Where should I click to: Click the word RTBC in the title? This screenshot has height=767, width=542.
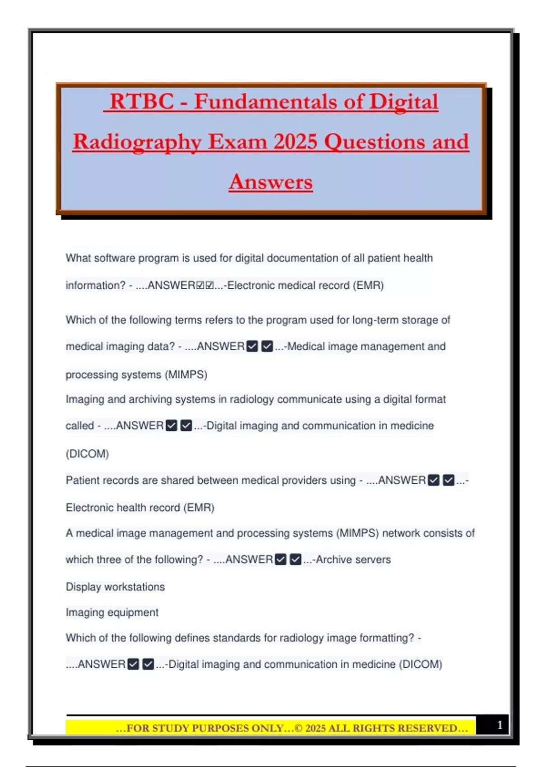[141, 102]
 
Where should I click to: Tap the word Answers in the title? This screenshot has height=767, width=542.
[271, 182]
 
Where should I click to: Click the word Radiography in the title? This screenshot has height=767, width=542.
[137, 142]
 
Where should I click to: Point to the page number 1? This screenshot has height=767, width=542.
[500, 725]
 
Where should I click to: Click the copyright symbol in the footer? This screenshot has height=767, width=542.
[299, 728]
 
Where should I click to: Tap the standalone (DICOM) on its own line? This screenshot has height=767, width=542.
[87, 453]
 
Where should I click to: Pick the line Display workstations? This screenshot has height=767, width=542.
[115, 587]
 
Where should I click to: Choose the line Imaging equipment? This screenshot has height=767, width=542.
[112, 612]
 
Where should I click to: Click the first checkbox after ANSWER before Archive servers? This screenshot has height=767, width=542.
[280, 559]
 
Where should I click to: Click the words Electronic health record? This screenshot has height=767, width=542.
[123, 508]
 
